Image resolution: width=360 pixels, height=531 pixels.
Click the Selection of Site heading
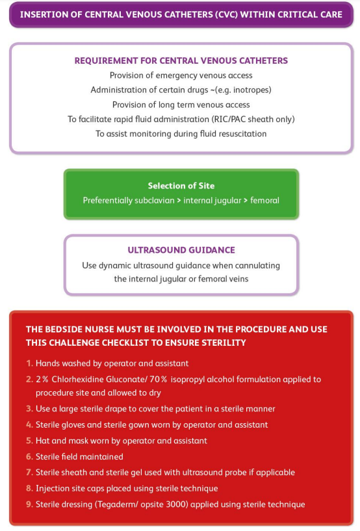pyautogui.click(x=181, y=186)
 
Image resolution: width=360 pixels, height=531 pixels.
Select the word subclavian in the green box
pyautogui.click(x=155, y=200)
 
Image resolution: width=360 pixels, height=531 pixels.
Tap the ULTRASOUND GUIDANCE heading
pyautogui.click(x=181, y=250)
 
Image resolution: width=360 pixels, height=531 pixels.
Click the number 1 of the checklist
pyautogui.click(x=29, y=363)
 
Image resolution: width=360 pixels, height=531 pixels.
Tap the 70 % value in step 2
pyautogui.click(x=159, y=380)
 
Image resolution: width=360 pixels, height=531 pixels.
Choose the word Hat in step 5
pyautogui.click(x=42, y=441)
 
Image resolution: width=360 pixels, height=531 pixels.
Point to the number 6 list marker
pyautogui.click(x=29, y=456)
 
